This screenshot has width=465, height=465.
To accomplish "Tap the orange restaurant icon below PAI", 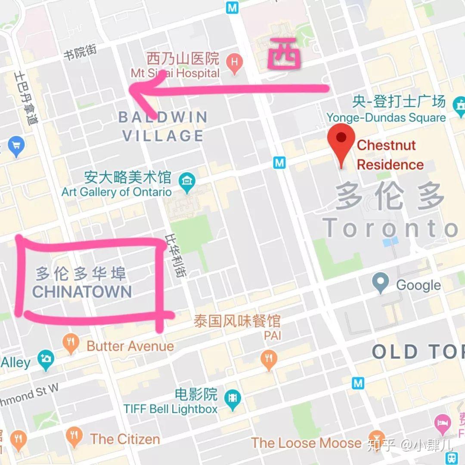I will tap(269, 360).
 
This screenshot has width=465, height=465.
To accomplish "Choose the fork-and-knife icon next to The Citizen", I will tap(75, 437).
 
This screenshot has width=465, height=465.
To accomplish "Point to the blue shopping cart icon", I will tap(16, 146).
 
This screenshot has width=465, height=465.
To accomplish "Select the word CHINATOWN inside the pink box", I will tap(82, 292).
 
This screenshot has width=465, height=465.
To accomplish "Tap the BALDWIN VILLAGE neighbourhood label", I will tap(163, 126).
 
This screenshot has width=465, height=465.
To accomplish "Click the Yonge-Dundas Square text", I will tap(386, 118).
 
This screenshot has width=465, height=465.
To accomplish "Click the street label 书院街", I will tap(80, 53).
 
